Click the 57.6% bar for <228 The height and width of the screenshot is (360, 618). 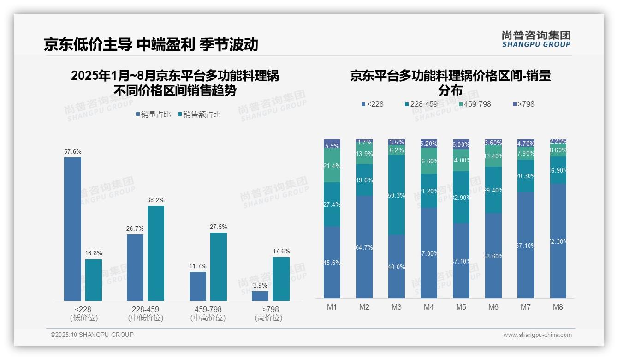click(72, 229)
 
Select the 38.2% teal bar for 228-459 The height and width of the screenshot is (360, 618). click(156, 253)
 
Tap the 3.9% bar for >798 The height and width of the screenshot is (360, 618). click(260, 296)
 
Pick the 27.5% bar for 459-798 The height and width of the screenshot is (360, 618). click(219, 267)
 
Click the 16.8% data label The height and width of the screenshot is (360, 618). click(94, 253)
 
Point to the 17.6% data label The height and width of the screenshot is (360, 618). click(281, 252)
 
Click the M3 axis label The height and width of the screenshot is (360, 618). click(396, 307)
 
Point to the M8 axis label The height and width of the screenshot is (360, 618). click(558, 307)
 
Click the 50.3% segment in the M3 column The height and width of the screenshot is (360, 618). click(397, 195)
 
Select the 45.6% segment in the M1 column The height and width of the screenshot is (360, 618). click(332, 262)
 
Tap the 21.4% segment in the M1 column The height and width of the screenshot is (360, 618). click(332, 166)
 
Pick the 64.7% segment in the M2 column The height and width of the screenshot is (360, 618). click(364, 247)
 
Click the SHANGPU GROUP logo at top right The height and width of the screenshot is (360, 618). click(536, 39)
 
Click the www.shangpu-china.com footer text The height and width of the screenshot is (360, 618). click(537, 335)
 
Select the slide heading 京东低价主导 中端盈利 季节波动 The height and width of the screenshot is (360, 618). click(151, 44)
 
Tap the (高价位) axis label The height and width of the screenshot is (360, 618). click(268, 318)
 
